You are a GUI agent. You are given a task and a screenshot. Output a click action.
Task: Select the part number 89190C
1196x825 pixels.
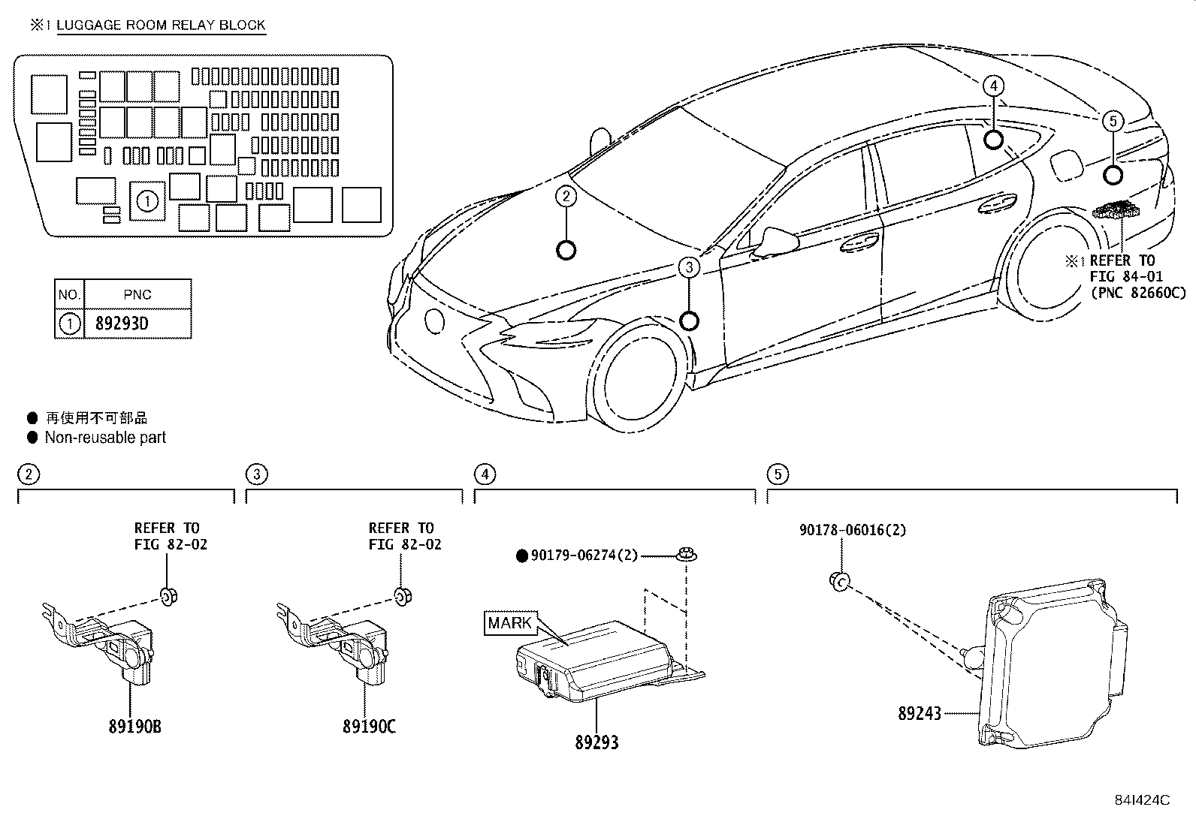(x=369, y=727)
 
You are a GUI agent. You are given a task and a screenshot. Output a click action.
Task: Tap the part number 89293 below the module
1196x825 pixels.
(x=596, y=742)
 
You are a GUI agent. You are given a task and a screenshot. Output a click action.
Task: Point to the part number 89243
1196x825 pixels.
(x=920, y=713)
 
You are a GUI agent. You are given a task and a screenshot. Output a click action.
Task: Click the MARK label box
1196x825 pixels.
(x=510, y=623)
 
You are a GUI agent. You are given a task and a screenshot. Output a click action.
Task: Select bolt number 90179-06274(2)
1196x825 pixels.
(x=584, y=556)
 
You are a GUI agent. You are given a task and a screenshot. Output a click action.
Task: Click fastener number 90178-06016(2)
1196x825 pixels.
(x=853, y=530)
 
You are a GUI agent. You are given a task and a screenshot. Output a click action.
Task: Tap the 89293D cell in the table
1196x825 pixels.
(x=122, y=324)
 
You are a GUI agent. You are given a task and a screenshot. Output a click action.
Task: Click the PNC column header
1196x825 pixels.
(x=137, y=295)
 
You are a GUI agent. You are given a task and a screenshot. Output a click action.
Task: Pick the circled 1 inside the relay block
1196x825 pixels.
(x=148, y=200)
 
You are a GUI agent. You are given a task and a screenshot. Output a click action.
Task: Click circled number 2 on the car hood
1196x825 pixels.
(x=566, y=197)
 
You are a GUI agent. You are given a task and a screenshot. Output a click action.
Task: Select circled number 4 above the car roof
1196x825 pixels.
(x=993, y=86)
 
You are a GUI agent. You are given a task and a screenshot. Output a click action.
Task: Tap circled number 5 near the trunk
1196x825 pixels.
(x=1113, y=120)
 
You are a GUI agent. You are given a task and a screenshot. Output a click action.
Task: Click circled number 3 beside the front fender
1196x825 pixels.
(x=689, y=266)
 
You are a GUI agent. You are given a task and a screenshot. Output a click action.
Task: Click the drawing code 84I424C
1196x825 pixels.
(x=1143, y=800)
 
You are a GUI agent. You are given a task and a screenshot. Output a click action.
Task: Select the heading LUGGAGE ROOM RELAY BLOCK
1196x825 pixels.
(x=161, y=25)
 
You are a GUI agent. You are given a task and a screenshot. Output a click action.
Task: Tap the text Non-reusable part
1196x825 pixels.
(x=104, y=437)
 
